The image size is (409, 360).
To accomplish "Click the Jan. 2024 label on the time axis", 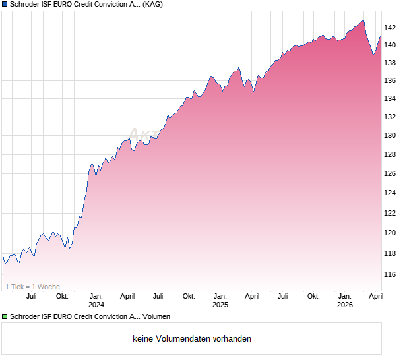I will point(96,301).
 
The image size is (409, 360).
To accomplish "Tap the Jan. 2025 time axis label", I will point(220,301).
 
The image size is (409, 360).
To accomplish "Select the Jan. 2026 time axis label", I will point(344,301).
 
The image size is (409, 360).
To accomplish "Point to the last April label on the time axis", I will point(375,296).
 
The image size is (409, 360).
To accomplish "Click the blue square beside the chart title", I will point(5,4).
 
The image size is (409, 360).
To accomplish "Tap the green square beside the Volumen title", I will point(5,316).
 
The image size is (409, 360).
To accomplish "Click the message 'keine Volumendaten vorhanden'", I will point(192,338).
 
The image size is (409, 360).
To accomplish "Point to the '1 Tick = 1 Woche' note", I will point(33,287).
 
